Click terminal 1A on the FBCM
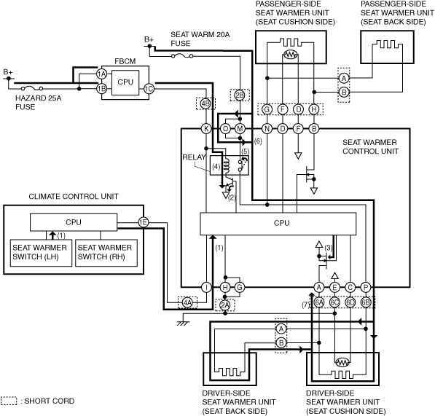click(101, 74)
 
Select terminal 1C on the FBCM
click(149, 89)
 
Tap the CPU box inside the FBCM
click(125, 82)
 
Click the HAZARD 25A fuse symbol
click(32, 88)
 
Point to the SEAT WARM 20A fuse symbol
click(182, 56)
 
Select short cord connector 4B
click(205, 103)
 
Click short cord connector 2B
click(240, 95)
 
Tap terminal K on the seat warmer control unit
click(206, 129)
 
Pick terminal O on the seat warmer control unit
click(226, 129)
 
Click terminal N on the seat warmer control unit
click(267, 129)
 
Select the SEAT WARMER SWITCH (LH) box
click(41, 253)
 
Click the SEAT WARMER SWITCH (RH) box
click(106, 253)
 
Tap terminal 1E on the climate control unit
click(143, 222)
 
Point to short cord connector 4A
click(187, 302)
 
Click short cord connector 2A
click(225, 305)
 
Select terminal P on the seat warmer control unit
click(366, 288)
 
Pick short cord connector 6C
click(334, 302)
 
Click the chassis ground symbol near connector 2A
click(184, 323)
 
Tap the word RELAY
click(195, 157)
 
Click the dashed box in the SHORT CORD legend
click(9, 401)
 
